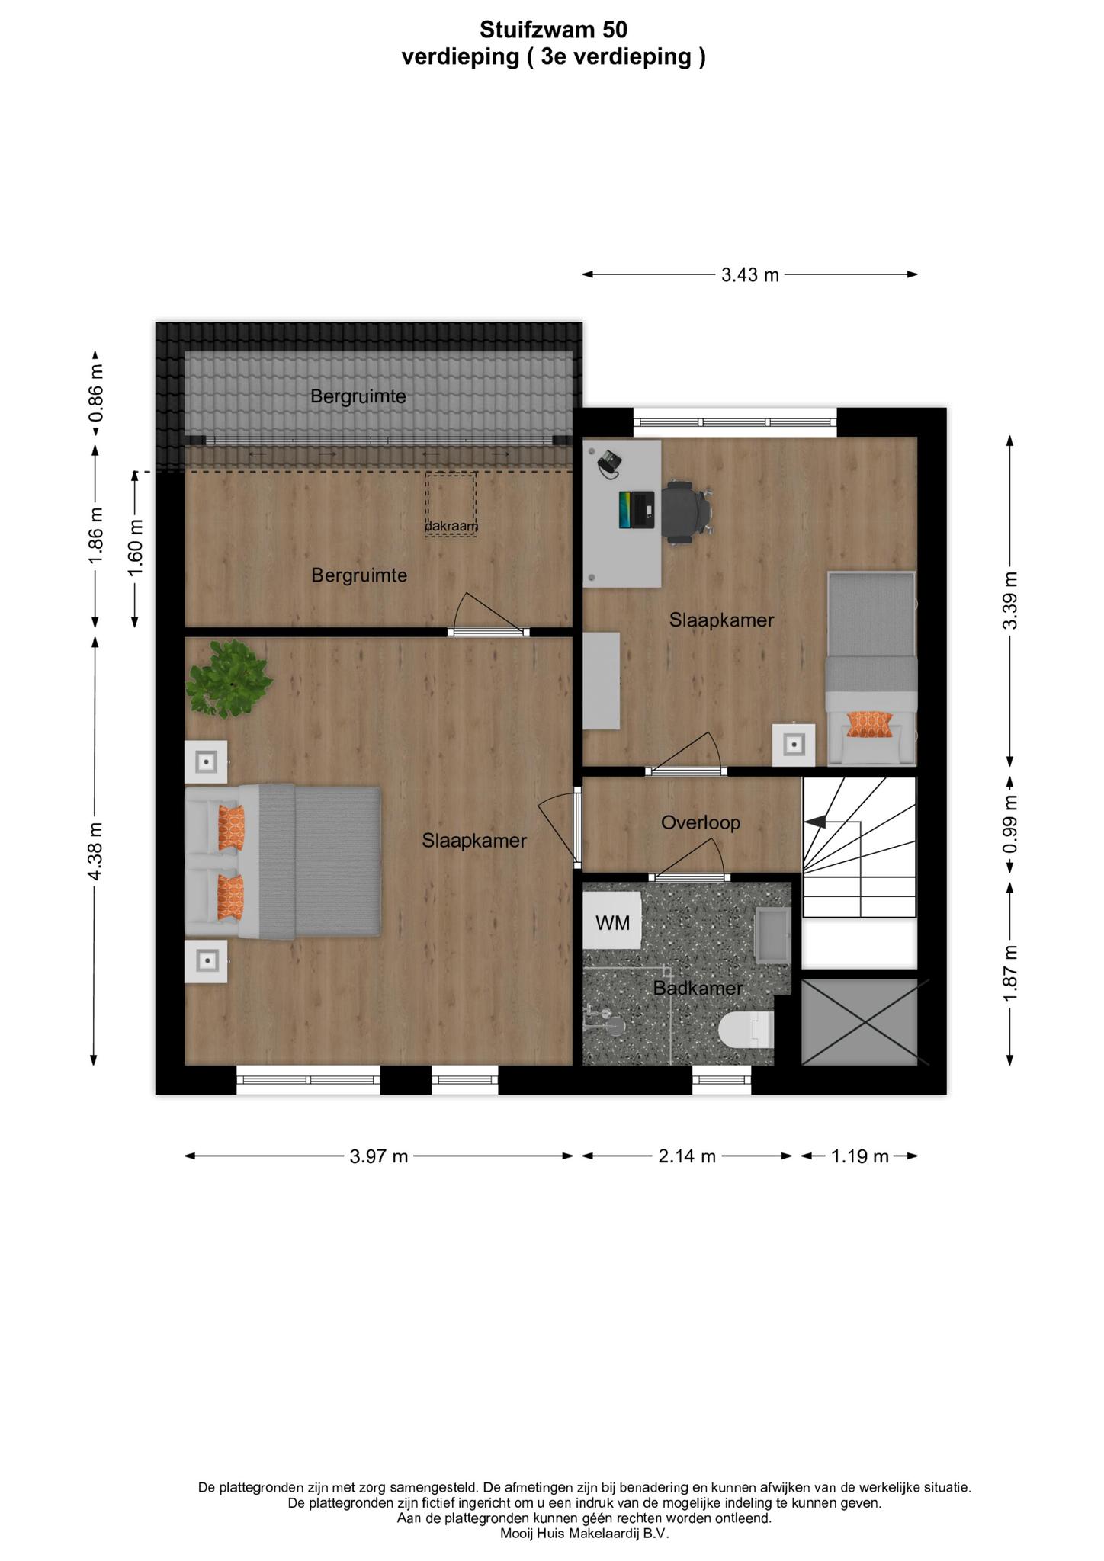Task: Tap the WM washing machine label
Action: coord(613,923)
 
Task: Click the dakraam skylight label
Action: coord(451,526)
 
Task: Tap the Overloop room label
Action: coord(701,822)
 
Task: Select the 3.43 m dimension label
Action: coord(750,274)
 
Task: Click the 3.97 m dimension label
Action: coord(379,1156)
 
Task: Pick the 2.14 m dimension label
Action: coord(687,1156)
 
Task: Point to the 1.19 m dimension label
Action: coord(860,1156)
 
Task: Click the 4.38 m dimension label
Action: coord(95,851)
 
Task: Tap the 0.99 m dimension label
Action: coord(1010,825)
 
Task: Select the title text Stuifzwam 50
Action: coord(554,30)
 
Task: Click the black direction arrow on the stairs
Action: coord(816,822)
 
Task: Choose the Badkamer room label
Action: coord(698,989)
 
